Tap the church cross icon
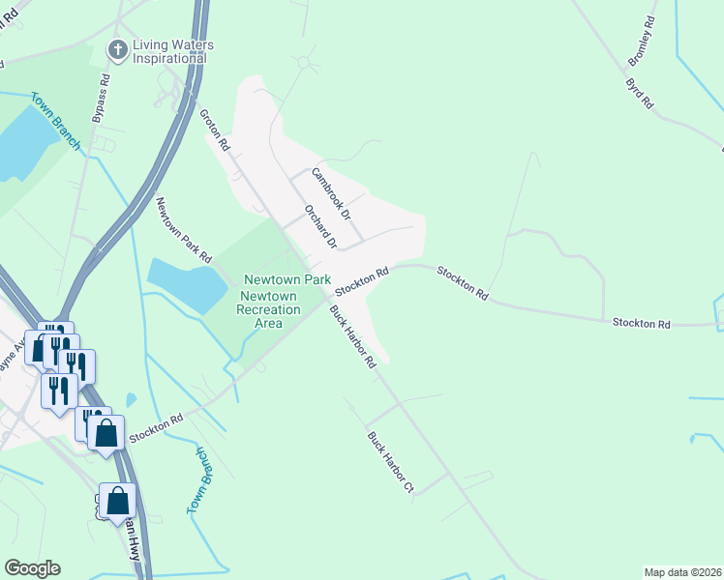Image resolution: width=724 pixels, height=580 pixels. click(x=117, y=49)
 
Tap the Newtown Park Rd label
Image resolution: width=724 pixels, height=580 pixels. click(x=184, y=230)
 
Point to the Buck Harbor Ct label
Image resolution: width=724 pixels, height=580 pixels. click(x=390, y=463)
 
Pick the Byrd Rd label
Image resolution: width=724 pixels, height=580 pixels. click(x=641, y=93)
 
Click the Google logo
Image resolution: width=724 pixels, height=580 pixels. click(x=32, y=568)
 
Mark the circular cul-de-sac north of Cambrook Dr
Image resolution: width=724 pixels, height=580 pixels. click(x=304, y=63)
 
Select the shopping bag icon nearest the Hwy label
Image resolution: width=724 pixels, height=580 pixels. click(x=117, y=501)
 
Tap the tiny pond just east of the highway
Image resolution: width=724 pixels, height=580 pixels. click(x=131, y=399)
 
